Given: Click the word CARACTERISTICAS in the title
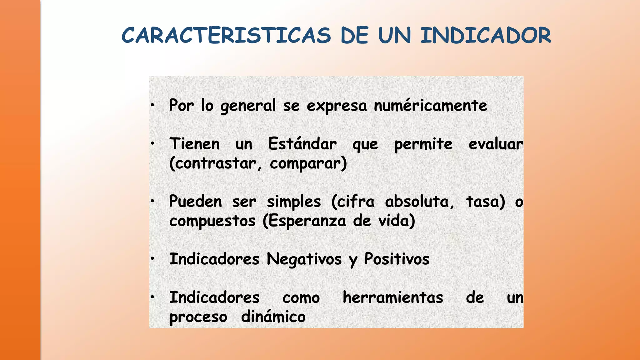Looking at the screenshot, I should pyautogui.click(x=226, y=35).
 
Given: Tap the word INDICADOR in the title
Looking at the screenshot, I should pyautogui.click(x=486, y=35).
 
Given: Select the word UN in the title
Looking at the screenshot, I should pyautogui.click(x=394, y=35).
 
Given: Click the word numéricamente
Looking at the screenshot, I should pyautogui.click(x=430, y=105).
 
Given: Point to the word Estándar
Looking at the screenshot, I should pyautogui.click(x=302, y=144).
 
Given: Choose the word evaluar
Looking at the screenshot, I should pyautogui.click(x=496, y=144).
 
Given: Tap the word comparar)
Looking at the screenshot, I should pyautogui.click(x=308, y=163).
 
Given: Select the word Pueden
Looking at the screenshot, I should pyautogui.click(x=196, y=202).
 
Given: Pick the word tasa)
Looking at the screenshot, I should pyautogui.click(x=486, y=202).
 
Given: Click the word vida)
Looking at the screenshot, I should pyautogui.click(x=397, y=221).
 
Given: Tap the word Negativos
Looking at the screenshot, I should pyautogui.click(x=304, y=259).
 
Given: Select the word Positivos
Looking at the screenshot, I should pyautogui.click(x=397, y=259).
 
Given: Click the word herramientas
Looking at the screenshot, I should pyautogui.click(x=393, y=297).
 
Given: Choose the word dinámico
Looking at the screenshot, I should pyautogui.click(x=273, y=317).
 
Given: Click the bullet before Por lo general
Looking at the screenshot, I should pyautogui.click(x=152, y=105).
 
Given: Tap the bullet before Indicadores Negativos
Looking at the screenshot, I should pyautogui.click(x=152, y=259).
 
